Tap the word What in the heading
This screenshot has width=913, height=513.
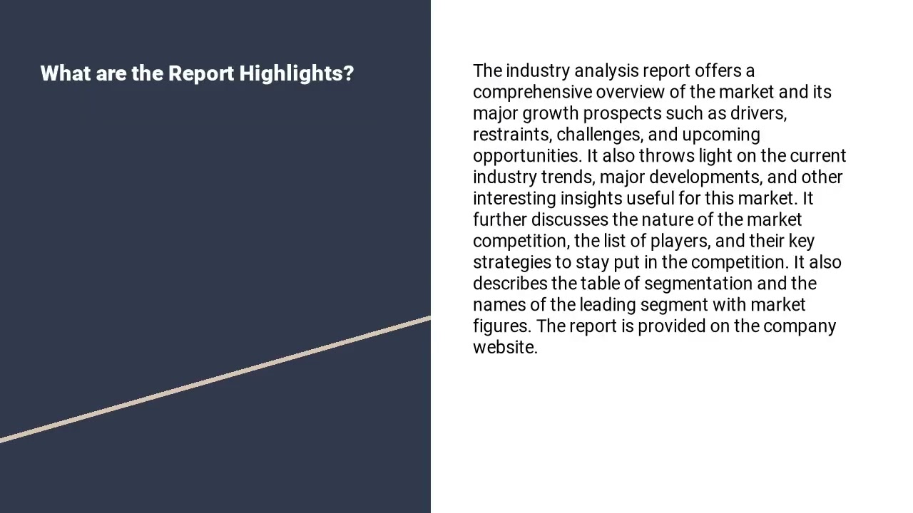pyautogui.click(x=65, y=73)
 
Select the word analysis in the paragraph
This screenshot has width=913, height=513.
pyautogui.click(x=606, y=71)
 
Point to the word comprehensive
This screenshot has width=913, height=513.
pyautogui.click(x=532, y=93)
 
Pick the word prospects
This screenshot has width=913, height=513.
pyautogui.click(x=622, y=114)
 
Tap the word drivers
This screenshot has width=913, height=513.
pyautogui.click(x=758, y=114)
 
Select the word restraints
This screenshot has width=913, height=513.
pyautogui.click(x=511, y=135)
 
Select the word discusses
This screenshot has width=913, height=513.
pyautogui.click(x=569, y=219)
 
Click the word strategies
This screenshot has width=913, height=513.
pyautogui.click(x=511, y=263)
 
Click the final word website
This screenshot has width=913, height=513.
pyautogui.click(x=504, y=348)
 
